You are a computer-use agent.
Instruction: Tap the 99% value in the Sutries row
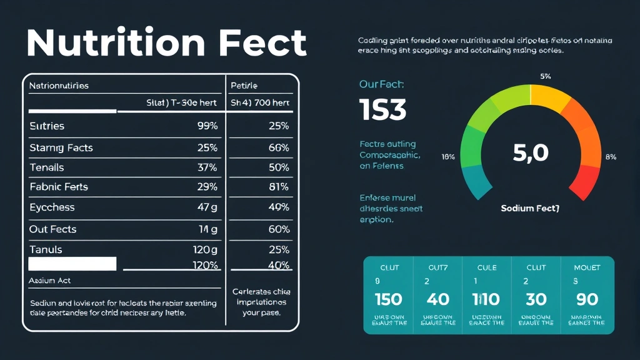click(x=207, y=126)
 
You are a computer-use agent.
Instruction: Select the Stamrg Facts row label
click(x=61, y=148)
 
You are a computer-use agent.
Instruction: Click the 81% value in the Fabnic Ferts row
click(x=278, y=187)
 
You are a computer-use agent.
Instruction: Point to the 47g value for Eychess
click(x=207, y=207)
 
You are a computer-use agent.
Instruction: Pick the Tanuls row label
click(x=46, y=250)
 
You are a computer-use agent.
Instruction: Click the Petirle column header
click(x=244, y=86)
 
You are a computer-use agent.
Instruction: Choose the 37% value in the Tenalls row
click(x=207, y=167)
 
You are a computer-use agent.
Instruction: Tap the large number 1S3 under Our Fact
click(x=383, y=111)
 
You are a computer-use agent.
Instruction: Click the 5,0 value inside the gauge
click(x=530, y=153)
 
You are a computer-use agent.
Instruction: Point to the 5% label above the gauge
click(x=545, y=76)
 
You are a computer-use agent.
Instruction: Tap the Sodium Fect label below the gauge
click(x=530, y=208)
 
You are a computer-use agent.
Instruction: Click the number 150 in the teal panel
click(x=388, y=299)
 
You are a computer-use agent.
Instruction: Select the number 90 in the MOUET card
click(x=587, y=299)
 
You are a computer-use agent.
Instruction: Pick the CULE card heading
click(x=486, y=267)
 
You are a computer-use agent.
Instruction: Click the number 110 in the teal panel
click(x=486, y=299)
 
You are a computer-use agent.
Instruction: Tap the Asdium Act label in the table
click(x=50, y=281)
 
